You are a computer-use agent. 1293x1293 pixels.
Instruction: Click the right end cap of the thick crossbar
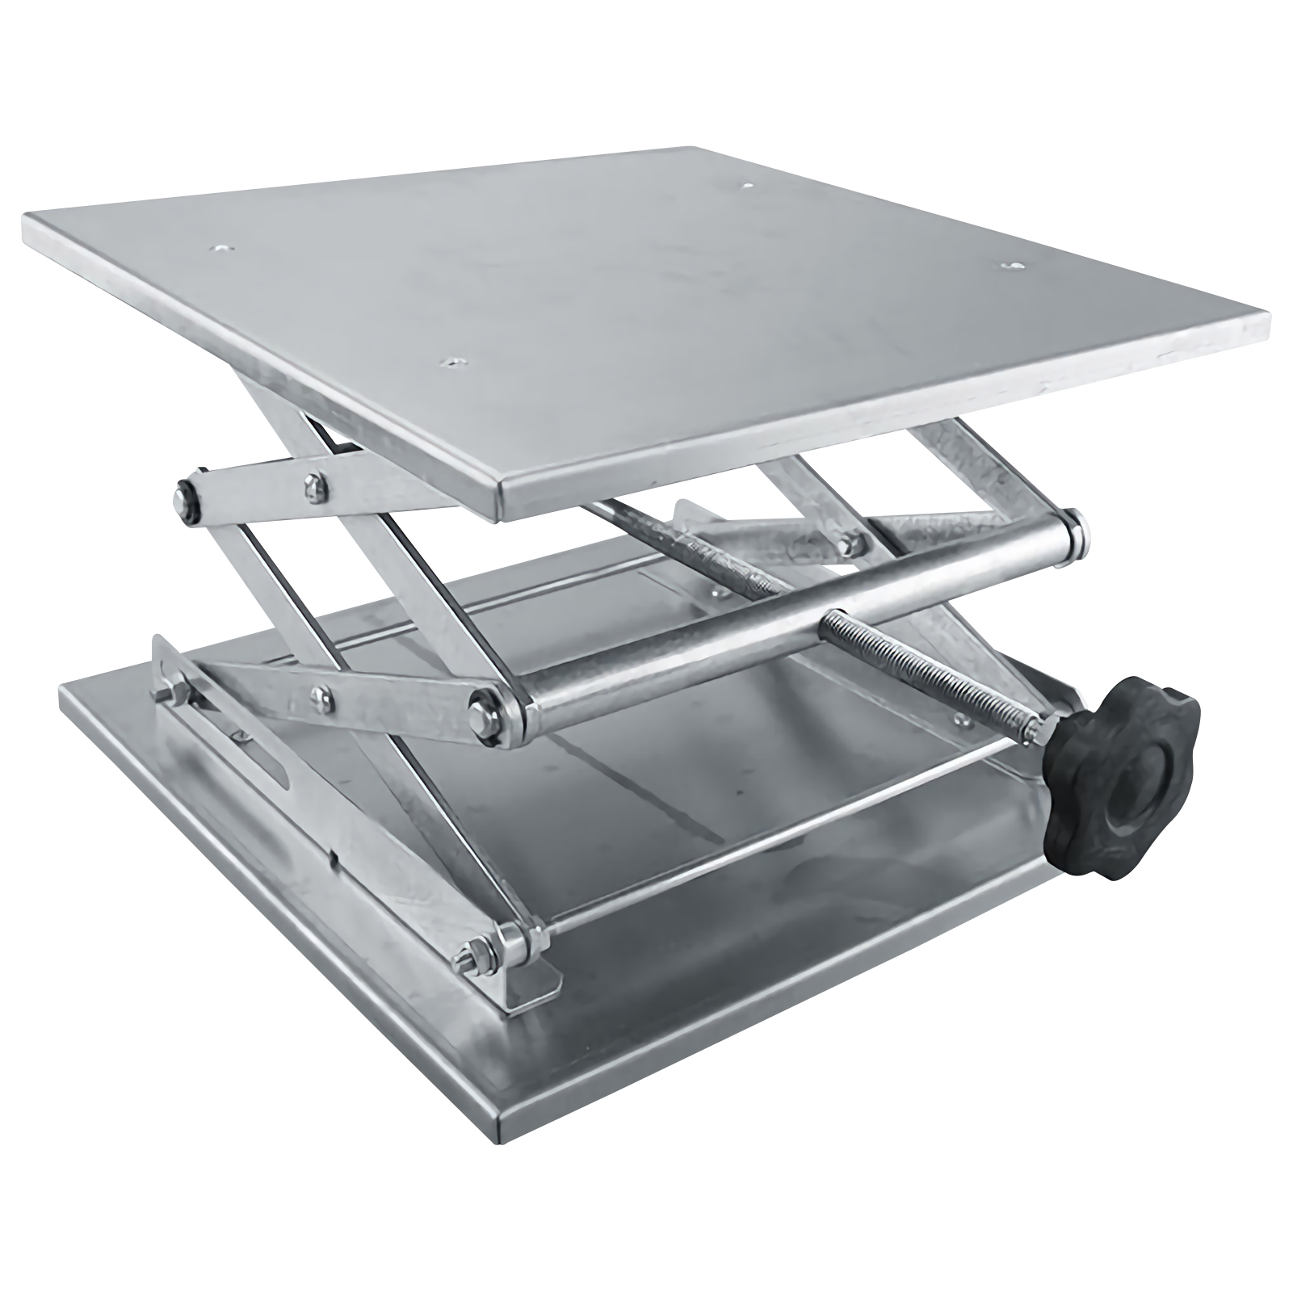1077,534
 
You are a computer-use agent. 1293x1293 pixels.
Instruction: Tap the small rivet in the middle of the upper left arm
312,485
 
